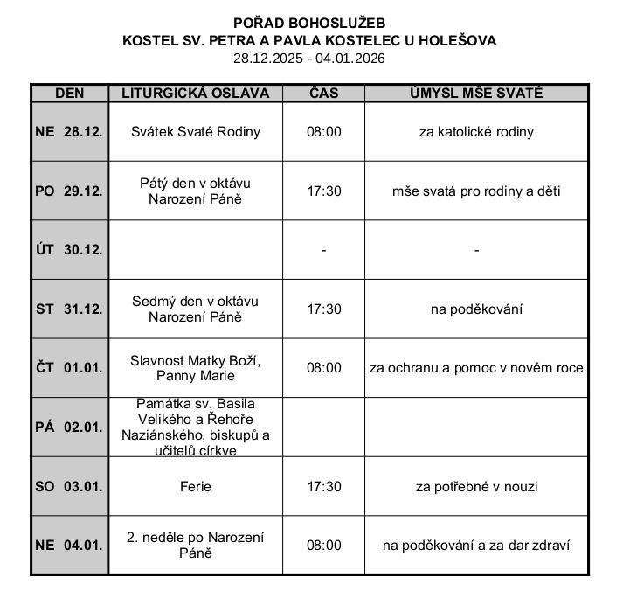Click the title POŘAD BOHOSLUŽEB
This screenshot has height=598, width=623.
[309, 23]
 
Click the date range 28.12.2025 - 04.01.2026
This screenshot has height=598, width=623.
[309, 59]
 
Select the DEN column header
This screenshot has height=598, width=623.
[69, 94]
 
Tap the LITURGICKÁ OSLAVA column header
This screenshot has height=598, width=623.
[195, 94]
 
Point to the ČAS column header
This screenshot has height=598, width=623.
[323, 94]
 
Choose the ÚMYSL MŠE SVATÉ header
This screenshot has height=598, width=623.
[476, 94]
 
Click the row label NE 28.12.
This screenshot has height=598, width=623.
[69, 132]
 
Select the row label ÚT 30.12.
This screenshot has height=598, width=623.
[69, 250]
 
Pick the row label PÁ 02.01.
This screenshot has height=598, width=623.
[69, 428]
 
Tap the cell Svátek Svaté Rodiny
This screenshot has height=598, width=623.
[195, 132]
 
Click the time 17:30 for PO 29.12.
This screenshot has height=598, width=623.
[323, 191]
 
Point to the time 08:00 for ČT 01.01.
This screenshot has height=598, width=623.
[323, 368]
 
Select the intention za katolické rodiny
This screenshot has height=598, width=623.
[476, 132]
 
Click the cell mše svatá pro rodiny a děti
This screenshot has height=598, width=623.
[476, 191]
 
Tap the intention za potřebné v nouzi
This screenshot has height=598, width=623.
[476, 486]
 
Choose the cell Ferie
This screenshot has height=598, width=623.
[195, 486]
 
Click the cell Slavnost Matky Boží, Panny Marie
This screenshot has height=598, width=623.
[195, 368]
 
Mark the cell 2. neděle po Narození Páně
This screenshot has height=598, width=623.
[195, 545]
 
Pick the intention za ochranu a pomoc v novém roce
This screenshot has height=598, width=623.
[476, 368]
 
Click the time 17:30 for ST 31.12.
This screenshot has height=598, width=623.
[323, 309]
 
